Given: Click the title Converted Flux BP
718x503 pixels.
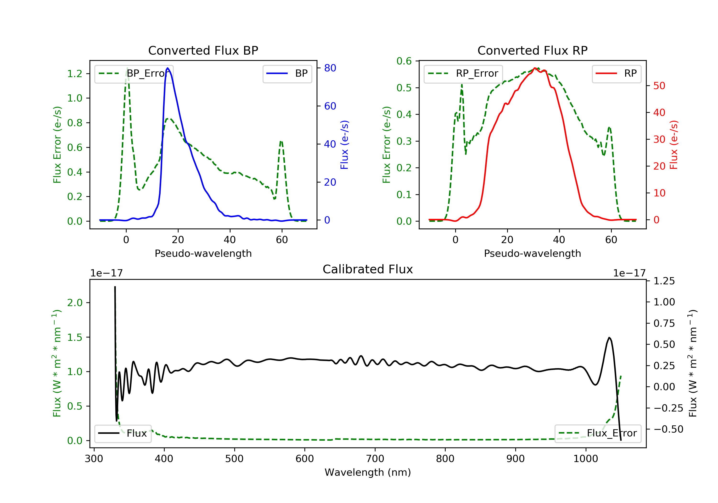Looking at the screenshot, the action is click(203, 50).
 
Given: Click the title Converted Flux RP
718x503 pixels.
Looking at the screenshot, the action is click(532, 50).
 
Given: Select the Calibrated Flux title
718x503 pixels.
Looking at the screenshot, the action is click(368, 269).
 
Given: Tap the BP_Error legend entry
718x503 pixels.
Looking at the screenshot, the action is click(134, 74).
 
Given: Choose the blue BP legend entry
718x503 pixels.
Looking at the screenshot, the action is click(287, 74).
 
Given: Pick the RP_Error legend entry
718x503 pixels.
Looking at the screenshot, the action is click(463, 74).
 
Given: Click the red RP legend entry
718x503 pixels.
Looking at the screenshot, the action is click(616, 74).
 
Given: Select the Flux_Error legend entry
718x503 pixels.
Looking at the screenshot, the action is click(598, 433).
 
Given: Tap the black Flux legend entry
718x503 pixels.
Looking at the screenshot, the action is click(123, 433).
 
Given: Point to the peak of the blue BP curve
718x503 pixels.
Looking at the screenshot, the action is click(168, 68).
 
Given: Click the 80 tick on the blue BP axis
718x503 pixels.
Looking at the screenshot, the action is click(330, 68).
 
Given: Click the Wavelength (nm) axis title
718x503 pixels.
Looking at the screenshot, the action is click(368, 472).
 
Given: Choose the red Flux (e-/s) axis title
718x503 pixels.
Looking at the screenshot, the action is click(673, 145).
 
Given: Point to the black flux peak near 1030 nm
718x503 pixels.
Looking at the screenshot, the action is click(609, 338).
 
